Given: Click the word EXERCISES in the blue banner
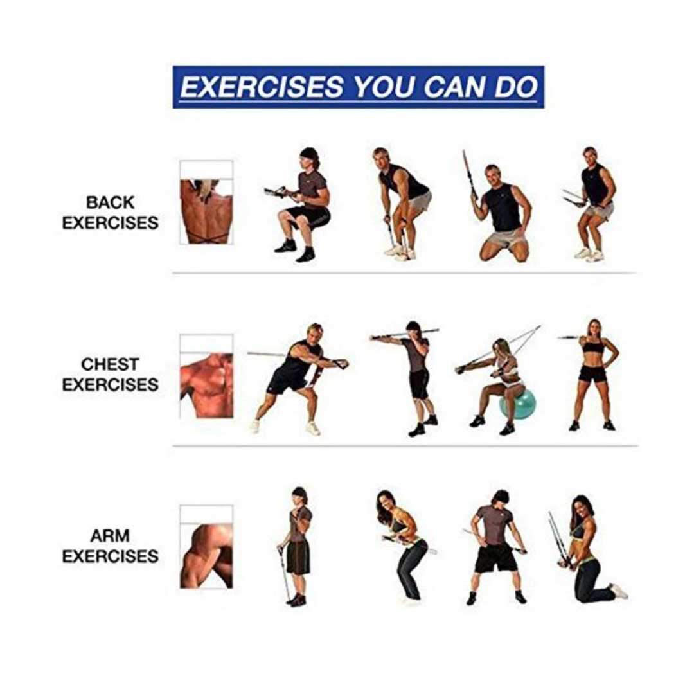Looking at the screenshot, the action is click(x=262, y=87).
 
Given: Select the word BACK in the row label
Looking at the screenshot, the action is click(x=111, y=202).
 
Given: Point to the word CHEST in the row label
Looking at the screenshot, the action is click(x=111, y=364).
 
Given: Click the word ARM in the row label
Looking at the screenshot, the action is click(x=111, y=536).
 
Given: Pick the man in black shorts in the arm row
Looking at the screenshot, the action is click(x=495, y=547).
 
